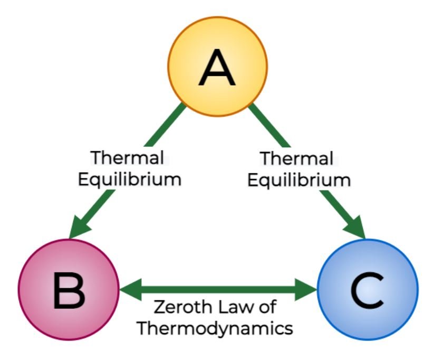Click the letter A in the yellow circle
217,68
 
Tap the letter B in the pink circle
69,290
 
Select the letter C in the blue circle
368,290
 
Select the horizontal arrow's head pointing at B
131,290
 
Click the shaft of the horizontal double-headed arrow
218,290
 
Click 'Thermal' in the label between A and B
128,157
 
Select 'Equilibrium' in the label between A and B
130,180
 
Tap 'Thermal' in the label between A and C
297,158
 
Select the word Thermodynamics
215,329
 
